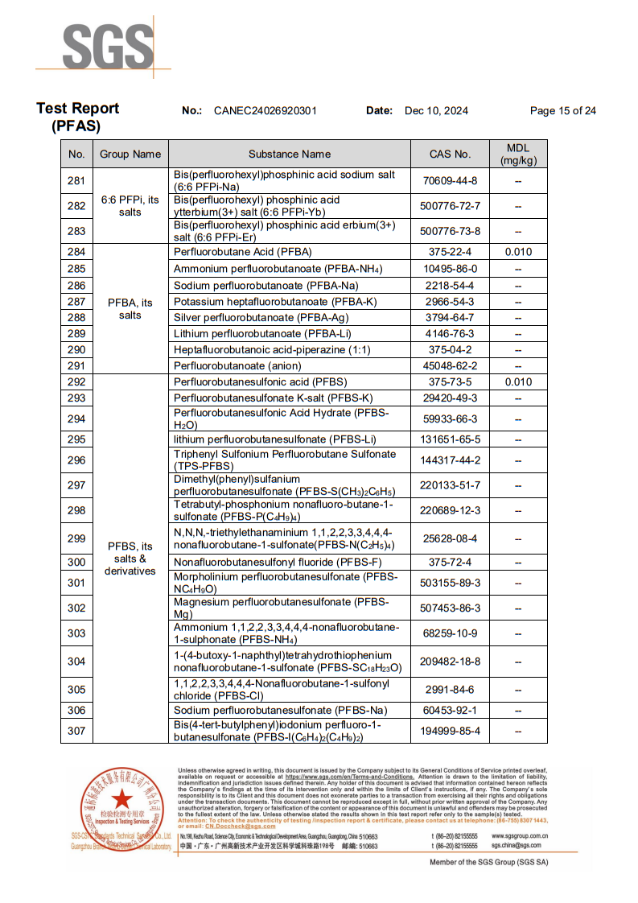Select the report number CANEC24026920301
point(265,111)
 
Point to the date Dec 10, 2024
point(436,111)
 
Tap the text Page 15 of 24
point(562,111)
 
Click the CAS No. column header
point(451,154)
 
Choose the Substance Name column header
point(290,154)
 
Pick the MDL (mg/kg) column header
point(518,154)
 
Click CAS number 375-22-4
point(451,252)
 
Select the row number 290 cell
point(76,349)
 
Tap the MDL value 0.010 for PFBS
point(518,382)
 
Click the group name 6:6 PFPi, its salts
point(130,206)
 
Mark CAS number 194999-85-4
point(451,731)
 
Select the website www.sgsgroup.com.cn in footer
point(520,836)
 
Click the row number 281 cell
point(76,180)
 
